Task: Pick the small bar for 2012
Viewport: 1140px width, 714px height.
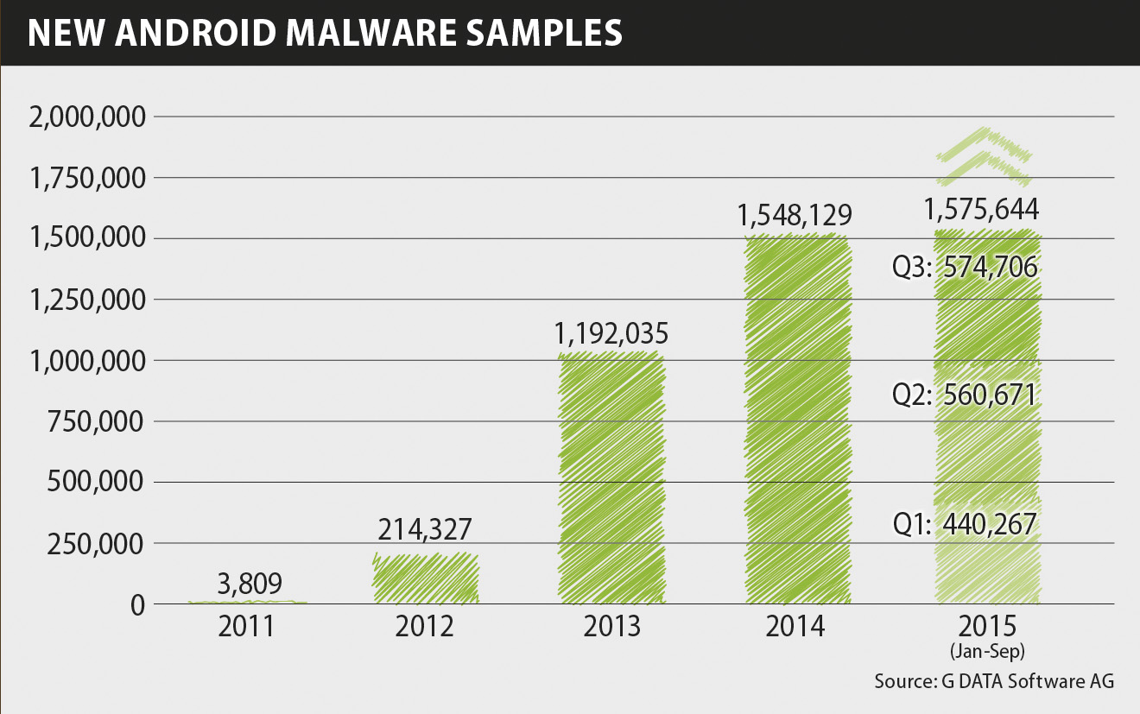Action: [425, 578]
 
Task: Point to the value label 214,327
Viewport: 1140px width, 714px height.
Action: [425, 529]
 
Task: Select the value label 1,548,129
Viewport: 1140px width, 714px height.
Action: [795, 214]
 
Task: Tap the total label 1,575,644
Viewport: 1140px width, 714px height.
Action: [981, 210]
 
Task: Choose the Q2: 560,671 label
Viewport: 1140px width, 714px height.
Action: [965, 395]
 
